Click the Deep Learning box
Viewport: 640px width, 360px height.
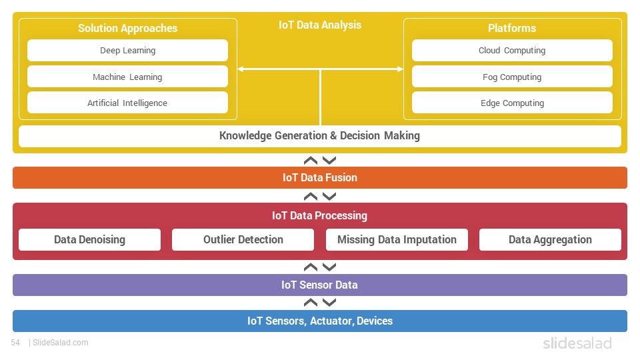pyautogui.click(x=127, y=50)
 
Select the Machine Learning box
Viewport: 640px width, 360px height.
pyautogui.click(x=127, y=77)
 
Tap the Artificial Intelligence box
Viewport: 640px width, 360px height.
pyautogui.click(x=127, y=103)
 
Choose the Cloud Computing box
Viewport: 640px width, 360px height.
pyautogui.click(x=512, y=50)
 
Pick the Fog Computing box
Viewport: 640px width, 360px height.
pyautogui.click(x=512, y=77)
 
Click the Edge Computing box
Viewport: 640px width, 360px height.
pyautogui.click(x=512, y=103)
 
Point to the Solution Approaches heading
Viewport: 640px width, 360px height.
pyautogui.click(x=128, y=28)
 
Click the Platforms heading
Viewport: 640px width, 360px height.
pyautogui.click(x=512, y=28)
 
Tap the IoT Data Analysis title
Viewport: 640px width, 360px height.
pyautogui.click(x=320, y=25)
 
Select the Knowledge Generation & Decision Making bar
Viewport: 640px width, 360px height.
pyautogui.click(x=320, y=136)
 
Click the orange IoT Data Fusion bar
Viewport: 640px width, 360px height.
pyautogui.click(x=320, y=177)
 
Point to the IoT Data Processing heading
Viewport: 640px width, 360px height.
pyautogui.click(x=319, y=215)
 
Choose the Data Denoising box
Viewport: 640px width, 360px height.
pyautogui.click(x=90, y=239)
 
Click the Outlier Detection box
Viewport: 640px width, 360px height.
pyautogui.click(x=243, y=239)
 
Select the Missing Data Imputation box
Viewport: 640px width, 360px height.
pyautogui.click(x=397, y=239)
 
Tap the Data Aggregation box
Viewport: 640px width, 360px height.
pyautogui.click(x=550, y=239)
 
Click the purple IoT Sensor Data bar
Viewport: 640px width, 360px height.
pyautogui.click(x=320, y=285)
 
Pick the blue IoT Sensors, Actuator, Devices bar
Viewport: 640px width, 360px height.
pyautogui.click(x=320, y=321)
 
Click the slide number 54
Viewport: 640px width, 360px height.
pyautogui.click(x=15, y=343)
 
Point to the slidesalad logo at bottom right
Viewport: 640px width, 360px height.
pyautogui.click(x=577, y=343)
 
